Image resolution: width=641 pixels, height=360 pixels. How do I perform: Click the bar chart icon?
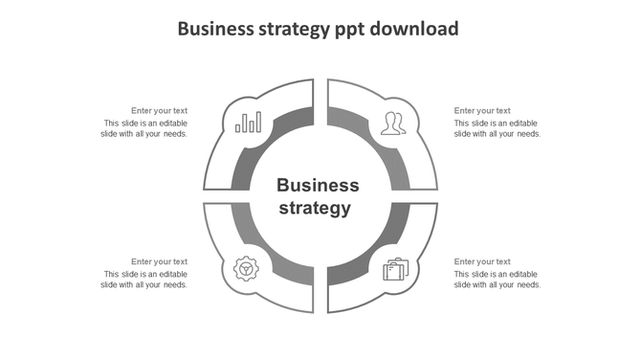pyautogui.click(x=249, y=122)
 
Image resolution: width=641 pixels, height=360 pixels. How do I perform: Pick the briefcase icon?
pyautogui.click(x=394, y=269)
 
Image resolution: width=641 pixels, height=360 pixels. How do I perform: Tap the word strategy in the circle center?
pyautogui.click(x=315, y=208)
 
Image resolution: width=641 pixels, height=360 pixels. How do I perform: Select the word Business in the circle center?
pyautogui.click(x=318, y=185)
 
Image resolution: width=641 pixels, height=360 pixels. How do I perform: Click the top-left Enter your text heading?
pyautogui.click(x=159, y=111)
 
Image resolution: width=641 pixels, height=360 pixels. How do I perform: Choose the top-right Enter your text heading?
pyautogui.click(x=482, y=111)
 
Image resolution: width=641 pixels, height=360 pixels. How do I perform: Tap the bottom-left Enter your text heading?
pyautogui.click(x=159, y=261)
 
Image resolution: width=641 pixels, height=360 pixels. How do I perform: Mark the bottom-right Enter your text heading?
pyautogui.click(x=482, y=261)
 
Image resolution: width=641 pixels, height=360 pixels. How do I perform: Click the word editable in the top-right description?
pyautogui.click(x=520, y=124)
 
